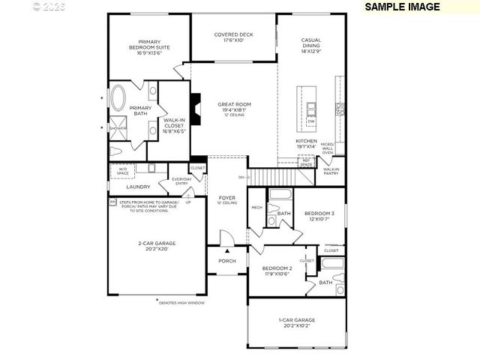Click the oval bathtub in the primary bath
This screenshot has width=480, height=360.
pos(119,97)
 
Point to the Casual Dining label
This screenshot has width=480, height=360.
pos(311,46)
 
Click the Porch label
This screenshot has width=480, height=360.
pos(226,261)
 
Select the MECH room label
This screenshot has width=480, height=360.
pos(256,207)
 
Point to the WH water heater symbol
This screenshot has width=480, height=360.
pos(112,202)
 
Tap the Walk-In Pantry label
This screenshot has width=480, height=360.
pos(331,172)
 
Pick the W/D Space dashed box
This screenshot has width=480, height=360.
pos(123,172)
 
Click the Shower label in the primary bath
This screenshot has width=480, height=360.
pos(118,128)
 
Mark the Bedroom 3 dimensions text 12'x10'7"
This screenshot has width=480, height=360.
pos(319,219)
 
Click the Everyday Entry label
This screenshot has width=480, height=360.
pos(181,181)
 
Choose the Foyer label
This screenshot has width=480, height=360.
pos(227,199)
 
